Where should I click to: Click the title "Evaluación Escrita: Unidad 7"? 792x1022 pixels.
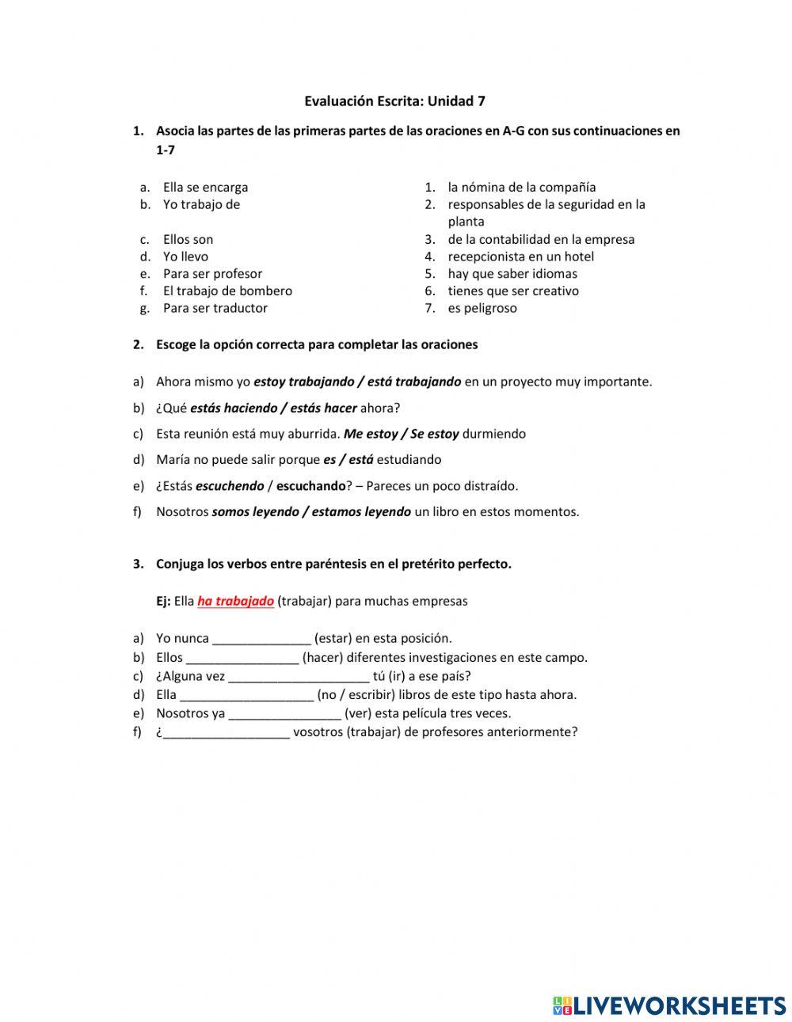pos(394,101)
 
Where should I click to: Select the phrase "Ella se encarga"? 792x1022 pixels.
pos(205,188)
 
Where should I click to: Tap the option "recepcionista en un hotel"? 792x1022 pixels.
pos(520,256)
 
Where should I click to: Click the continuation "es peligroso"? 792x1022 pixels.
pos(482,308)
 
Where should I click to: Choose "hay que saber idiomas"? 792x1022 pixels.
pos(512,274)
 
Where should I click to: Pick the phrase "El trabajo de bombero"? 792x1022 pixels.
pos(227,291)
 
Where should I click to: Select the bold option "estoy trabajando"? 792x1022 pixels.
pos(303,382)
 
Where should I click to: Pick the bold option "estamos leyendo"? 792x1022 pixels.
pos(361,511)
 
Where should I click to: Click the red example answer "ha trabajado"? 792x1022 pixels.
pos(235,601)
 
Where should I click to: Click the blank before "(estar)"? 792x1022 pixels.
pos(261,638)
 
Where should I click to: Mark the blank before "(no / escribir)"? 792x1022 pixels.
pos(247,695)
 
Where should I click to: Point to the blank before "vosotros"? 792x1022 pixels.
pos(225,732)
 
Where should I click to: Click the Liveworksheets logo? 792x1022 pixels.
pos(669,1005)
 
